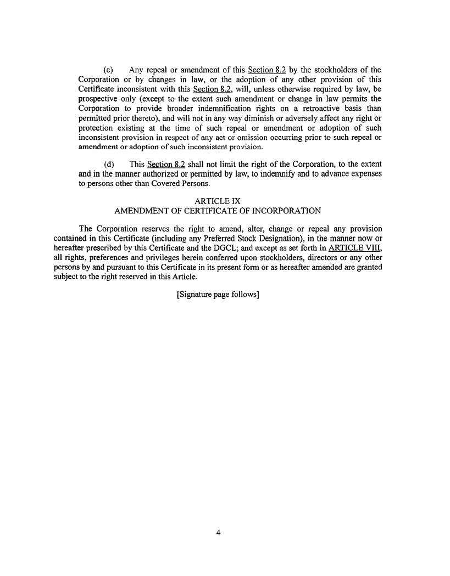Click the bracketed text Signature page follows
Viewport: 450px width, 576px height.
coord(218,295)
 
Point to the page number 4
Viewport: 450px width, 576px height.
coord(218,532)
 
